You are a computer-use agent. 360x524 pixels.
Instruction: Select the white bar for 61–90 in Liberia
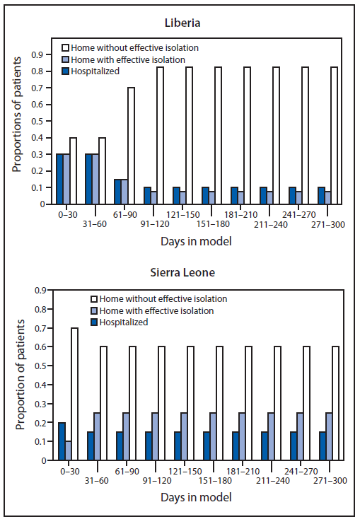pyautogui.click(x=131, y=146)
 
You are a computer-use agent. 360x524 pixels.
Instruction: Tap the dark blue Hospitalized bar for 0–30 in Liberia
pyautogui.click(x=60, y=179)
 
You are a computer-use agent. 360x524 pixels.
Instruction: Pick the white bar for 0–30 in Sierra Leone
pyautogui.click(x=74, y=394)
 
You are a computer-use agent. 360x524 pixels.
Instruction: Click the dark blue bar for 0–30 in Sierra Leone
pyautogui.click(x=61, y=441)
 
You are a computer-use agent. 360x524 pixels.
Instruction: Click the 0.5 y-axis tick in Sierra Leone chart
pyautogui.click(x=44, y=366)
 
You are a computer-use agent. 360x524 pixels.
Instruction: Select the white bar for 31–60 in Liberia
pyautogui.click(x=102, y=170)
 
